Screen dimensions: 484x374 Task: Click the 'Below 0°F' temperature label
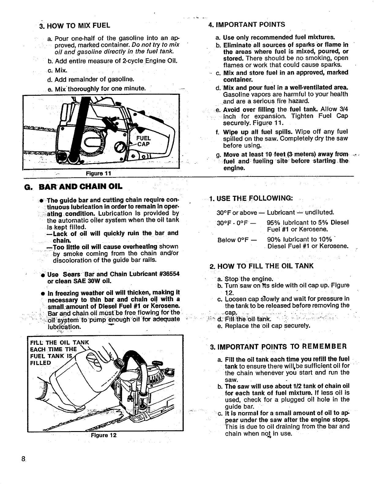233,240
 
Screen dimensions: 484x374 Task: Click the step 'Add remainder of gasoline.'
95,80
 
